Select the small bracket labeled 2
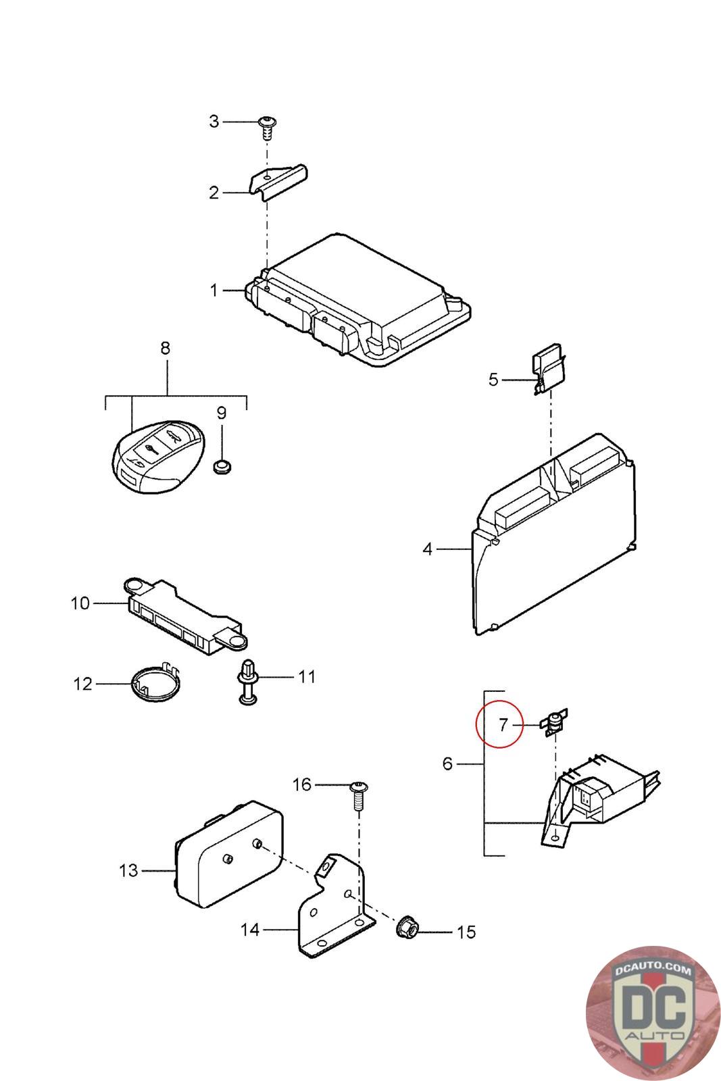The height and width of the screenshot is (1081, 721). coord(278,181)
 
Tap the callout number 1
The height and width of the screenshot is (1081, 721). coord(214,291)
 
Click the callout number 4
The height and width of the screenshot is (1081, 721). coord(427,549)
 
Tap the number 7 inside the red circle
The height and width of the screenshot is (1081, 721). coord(503,725)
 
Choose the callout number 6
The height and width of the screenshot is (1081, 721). coord(447,763)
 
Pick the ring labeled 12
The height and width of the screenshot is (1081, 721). coord(154,684)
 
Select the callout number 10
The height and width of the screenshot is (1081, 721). coord(80,603)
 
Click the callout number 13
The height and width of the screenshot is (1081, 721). coord(128,870)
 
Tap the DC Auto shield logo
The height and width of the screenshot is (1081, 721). coord(653,1011)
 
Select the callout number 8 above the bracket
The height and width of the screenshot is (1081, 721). coord(165,349)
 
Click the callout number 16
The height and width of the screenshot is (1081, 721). coord(302,784)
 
